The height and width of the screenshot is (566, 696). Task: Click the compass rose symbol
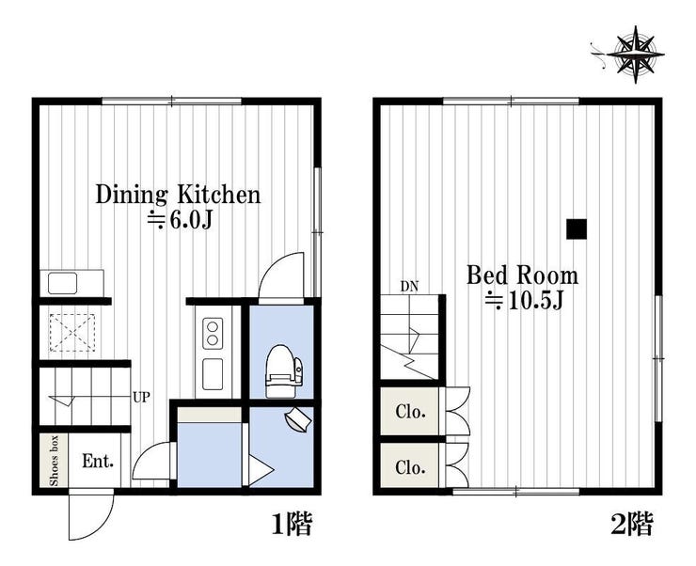(635, 55)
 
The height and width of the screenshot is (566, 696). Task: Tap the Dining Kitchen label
(178, 195)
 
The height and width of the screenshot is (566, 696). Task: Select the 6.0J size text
(180, 220)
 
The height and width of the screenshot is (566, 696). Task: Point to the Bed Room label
(522, 275)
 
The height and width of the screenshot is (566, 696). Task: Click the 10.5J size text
(523, 301)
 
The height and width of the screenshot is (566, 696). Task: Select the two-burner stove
(213, 333)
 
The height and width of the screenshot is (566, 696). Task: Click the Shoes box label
(55, 461)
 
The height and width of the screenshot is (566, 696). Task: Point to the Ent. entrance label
(98, 462)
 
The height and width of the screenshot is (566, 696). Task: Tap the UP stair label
(142, 397)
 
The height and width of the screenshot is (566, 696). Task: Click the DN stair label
(409, 287)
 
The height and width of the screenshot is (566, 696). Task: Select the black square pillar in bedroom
(577, 229)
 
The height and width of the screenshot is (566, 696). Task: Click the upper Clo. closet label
(411, 412)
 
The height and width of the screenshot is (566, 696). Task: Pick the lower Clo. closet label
(411, 467)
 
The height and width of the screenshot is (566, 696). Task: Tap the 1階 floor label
(292, 525)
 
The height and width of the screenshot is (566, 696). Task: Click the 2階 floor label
(632, 525)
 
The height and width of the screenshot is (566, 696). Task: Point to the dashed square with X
(72, 333)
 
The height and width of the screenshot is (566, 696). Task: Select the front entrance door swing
(91, 514)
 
